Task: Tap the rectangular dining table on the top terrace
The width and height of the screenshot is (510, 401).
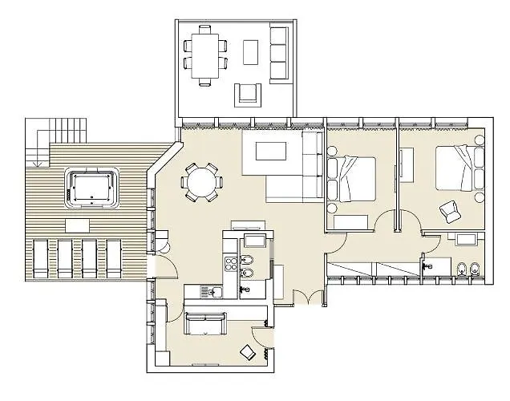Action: [204, 54]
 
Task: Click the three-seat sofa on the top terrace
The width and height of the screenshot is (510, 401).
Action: [278, 53]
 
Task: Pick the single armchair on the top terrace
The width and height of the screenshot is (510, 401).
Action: [247, 95]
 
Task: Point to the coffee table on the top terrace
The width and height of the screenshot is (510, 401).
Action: [251, 54]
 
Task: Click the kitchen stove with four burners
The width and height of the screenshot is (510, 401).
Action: [230, 264]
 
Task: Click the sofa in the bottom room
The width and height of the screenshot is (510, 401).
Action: [205, 323]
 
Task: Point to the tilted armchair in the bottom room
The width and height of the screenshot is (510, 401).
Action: [248, 351]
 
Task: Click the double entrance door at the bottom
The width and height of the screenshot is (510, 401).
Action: [310, 298]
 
